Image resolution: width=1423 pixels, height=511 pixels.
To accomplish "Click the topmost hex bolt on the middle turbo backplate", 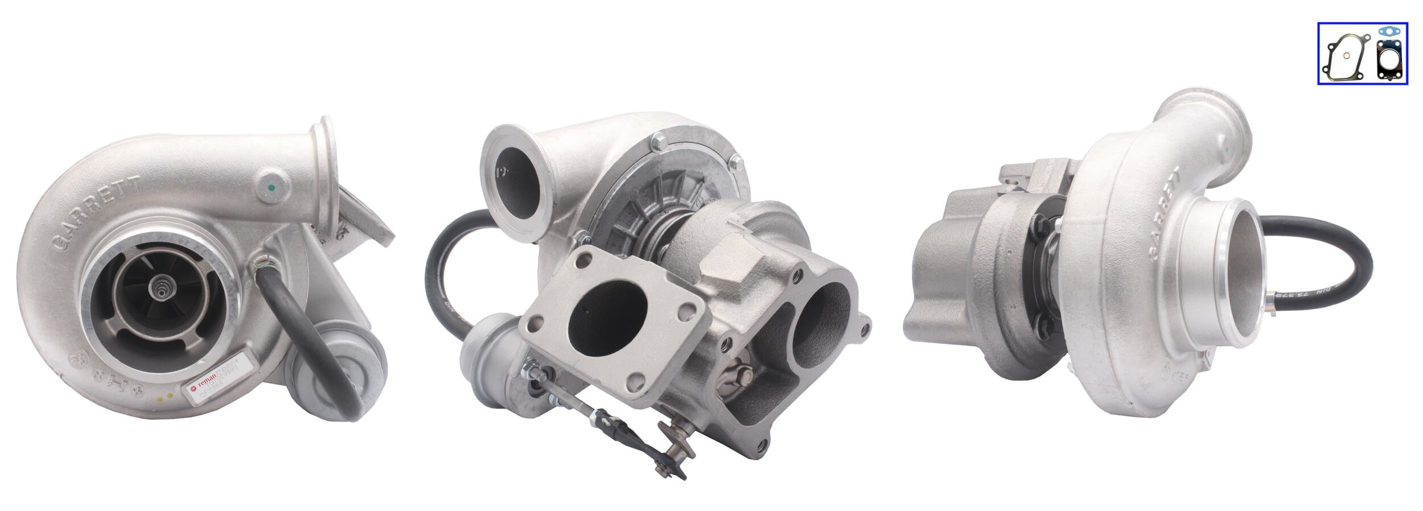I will pos(661,141).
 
